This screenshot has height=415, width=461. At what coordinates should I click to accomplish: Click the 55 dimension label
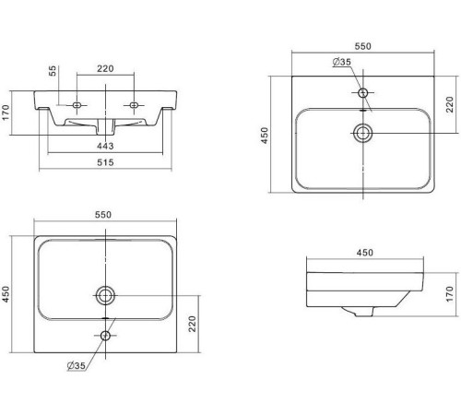[53, 71]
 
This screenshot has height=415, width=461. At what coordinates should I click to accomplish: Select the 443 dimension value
[105, 146]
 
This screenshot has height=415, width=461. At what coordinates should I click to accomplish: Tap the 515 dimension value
[105, 162]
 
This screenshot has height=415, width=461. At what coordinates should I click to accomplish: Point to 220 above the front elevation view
[105, 68]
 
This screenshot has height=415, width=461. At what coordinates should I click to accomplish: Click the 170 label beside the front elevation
[6, 113]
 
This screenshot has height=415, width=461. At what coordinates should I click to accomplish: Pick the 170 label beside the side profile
[449, 294]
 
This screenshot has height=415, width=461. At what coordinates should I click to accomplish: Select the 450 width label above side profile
[365, 253]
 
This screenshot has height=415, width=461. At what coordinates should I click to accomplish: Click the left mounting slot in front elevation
[77, 105]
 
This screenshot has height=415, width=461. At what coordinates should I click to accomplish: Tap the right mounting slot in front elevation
[134, 105]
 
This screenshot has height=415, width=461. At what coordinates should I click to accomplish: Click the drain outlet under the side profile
[362, 312]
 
